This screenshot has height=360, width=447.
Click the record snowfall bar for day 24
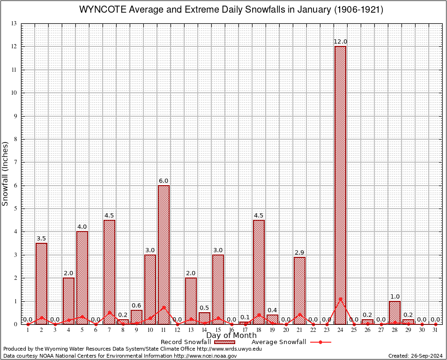coord(340,185)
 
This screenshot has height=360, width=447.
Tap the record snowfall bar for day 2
coord(41,284)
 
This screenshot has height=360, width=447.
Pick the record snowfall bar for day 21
coord(299,291)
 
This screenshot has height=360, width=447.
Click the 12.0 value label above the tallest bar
coord(340,42)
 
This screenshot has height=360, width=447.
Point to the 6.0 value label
coord(164,180)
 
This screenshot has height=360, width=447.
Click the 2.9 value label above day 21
coord(299,253)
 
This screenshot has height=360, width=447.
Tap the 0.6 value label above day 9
coord(136,306)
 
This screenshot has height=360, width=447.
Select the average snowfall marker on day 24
coord(340,299)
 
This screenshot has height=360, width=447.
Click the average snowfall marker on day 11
coord(164,307)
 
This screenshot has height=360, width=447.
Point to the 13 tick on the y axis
coord(14,23)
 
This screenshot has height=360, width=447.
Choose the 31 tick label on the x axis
coord(435,330)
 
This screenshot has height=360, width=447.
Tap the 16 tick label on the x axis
coord(231,330)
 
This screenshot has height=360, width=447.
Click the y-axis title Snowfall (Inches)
coord(6,174)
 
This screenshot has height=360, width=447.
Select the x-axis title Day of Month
coord(231,335)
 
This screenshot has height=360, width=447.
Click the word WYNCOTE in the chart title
coord(101,10)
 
